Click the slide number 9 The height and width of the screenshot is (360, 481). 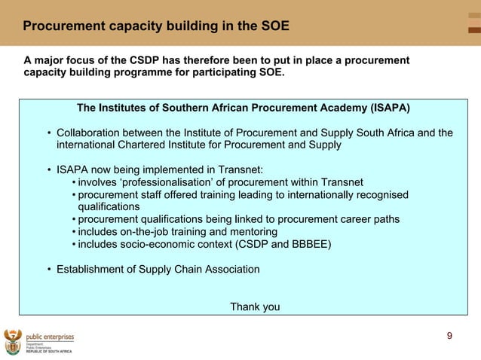click(x=449, y=336)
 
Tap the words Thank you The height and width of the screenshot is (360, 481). click(x=255, y=307)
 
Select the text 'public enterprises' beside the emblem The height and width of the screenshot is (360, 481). click(x=50, y=337)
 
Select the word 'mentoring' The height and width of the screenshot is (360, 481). click(x=252, y=231)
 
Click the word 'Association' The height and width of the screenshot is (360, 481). click(x=228, y=269)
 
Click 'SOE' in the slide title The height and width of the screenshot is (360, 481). click(x=274, y=26)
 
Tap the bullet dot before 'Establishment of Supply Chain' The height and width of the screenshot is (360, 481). click(x=49, y=269)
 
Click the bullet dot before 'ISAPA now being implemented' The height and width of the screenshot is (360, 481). click(x=49, y=169)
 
